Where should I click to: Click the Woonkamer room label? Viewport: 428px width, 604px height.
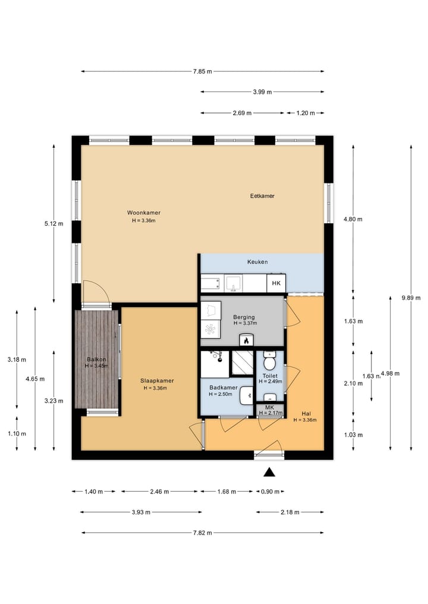click(x=143, y=213)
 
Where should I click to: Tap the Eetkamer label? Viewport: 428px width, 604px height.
click(x=262, y=196)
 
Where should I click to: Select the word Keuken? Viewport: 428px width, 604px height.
click(x=257, y=262)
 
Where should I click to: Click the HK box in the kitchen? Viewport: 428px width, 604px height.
click(x=276, y=284)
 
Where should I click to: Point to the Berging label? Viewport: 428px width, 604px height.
click(x=244, y=317)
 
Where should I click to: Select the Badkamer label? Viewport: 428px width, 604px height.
click(x=223, y=388)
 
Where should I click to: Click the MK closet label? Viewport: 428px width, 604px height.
click(x=269, y=407)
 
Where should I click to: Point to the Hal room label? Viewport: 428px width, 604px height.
click(x=305, y=413)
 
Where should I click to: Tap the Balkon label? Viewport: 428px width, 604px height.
click(x=96, y=360)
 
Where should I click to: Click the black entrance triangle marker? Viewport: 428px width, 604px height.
click(x=269, y=472)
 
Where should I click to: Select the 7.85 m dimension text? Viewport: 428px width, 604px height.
click(x=203, y=71)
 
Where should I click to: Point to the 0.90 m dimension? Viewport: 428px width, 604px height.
click(x=270, y=492)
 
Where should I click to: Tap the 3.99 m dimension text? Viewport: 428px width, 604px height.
click(x=262, y=92)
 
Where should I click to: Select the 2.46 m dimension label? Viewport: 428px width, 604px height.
click(x=159, y=492)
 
